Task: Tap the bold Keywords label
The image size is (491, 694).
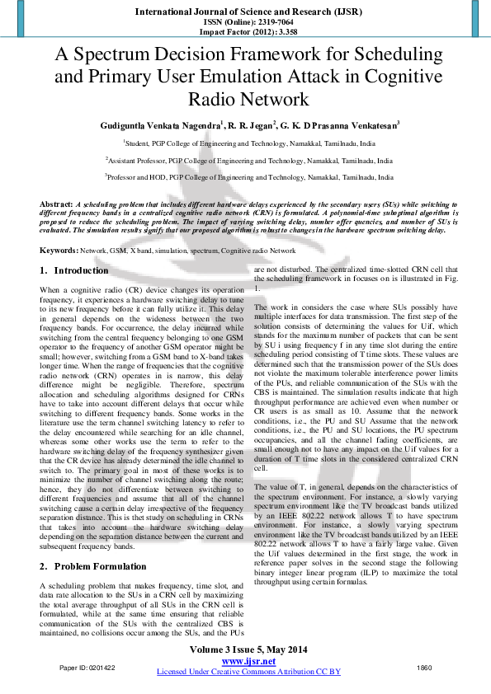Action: coord(59,250)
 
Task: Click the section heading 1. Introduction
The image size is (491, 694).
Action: coord(73,270)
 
